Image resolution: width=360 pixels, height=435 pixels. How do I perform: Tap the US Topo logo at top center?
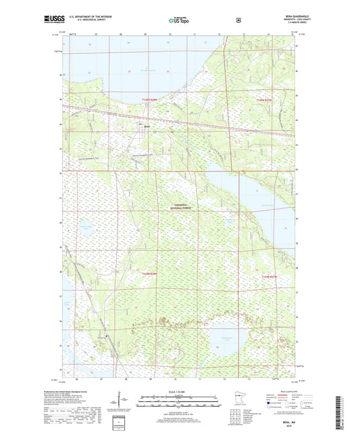178,21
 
